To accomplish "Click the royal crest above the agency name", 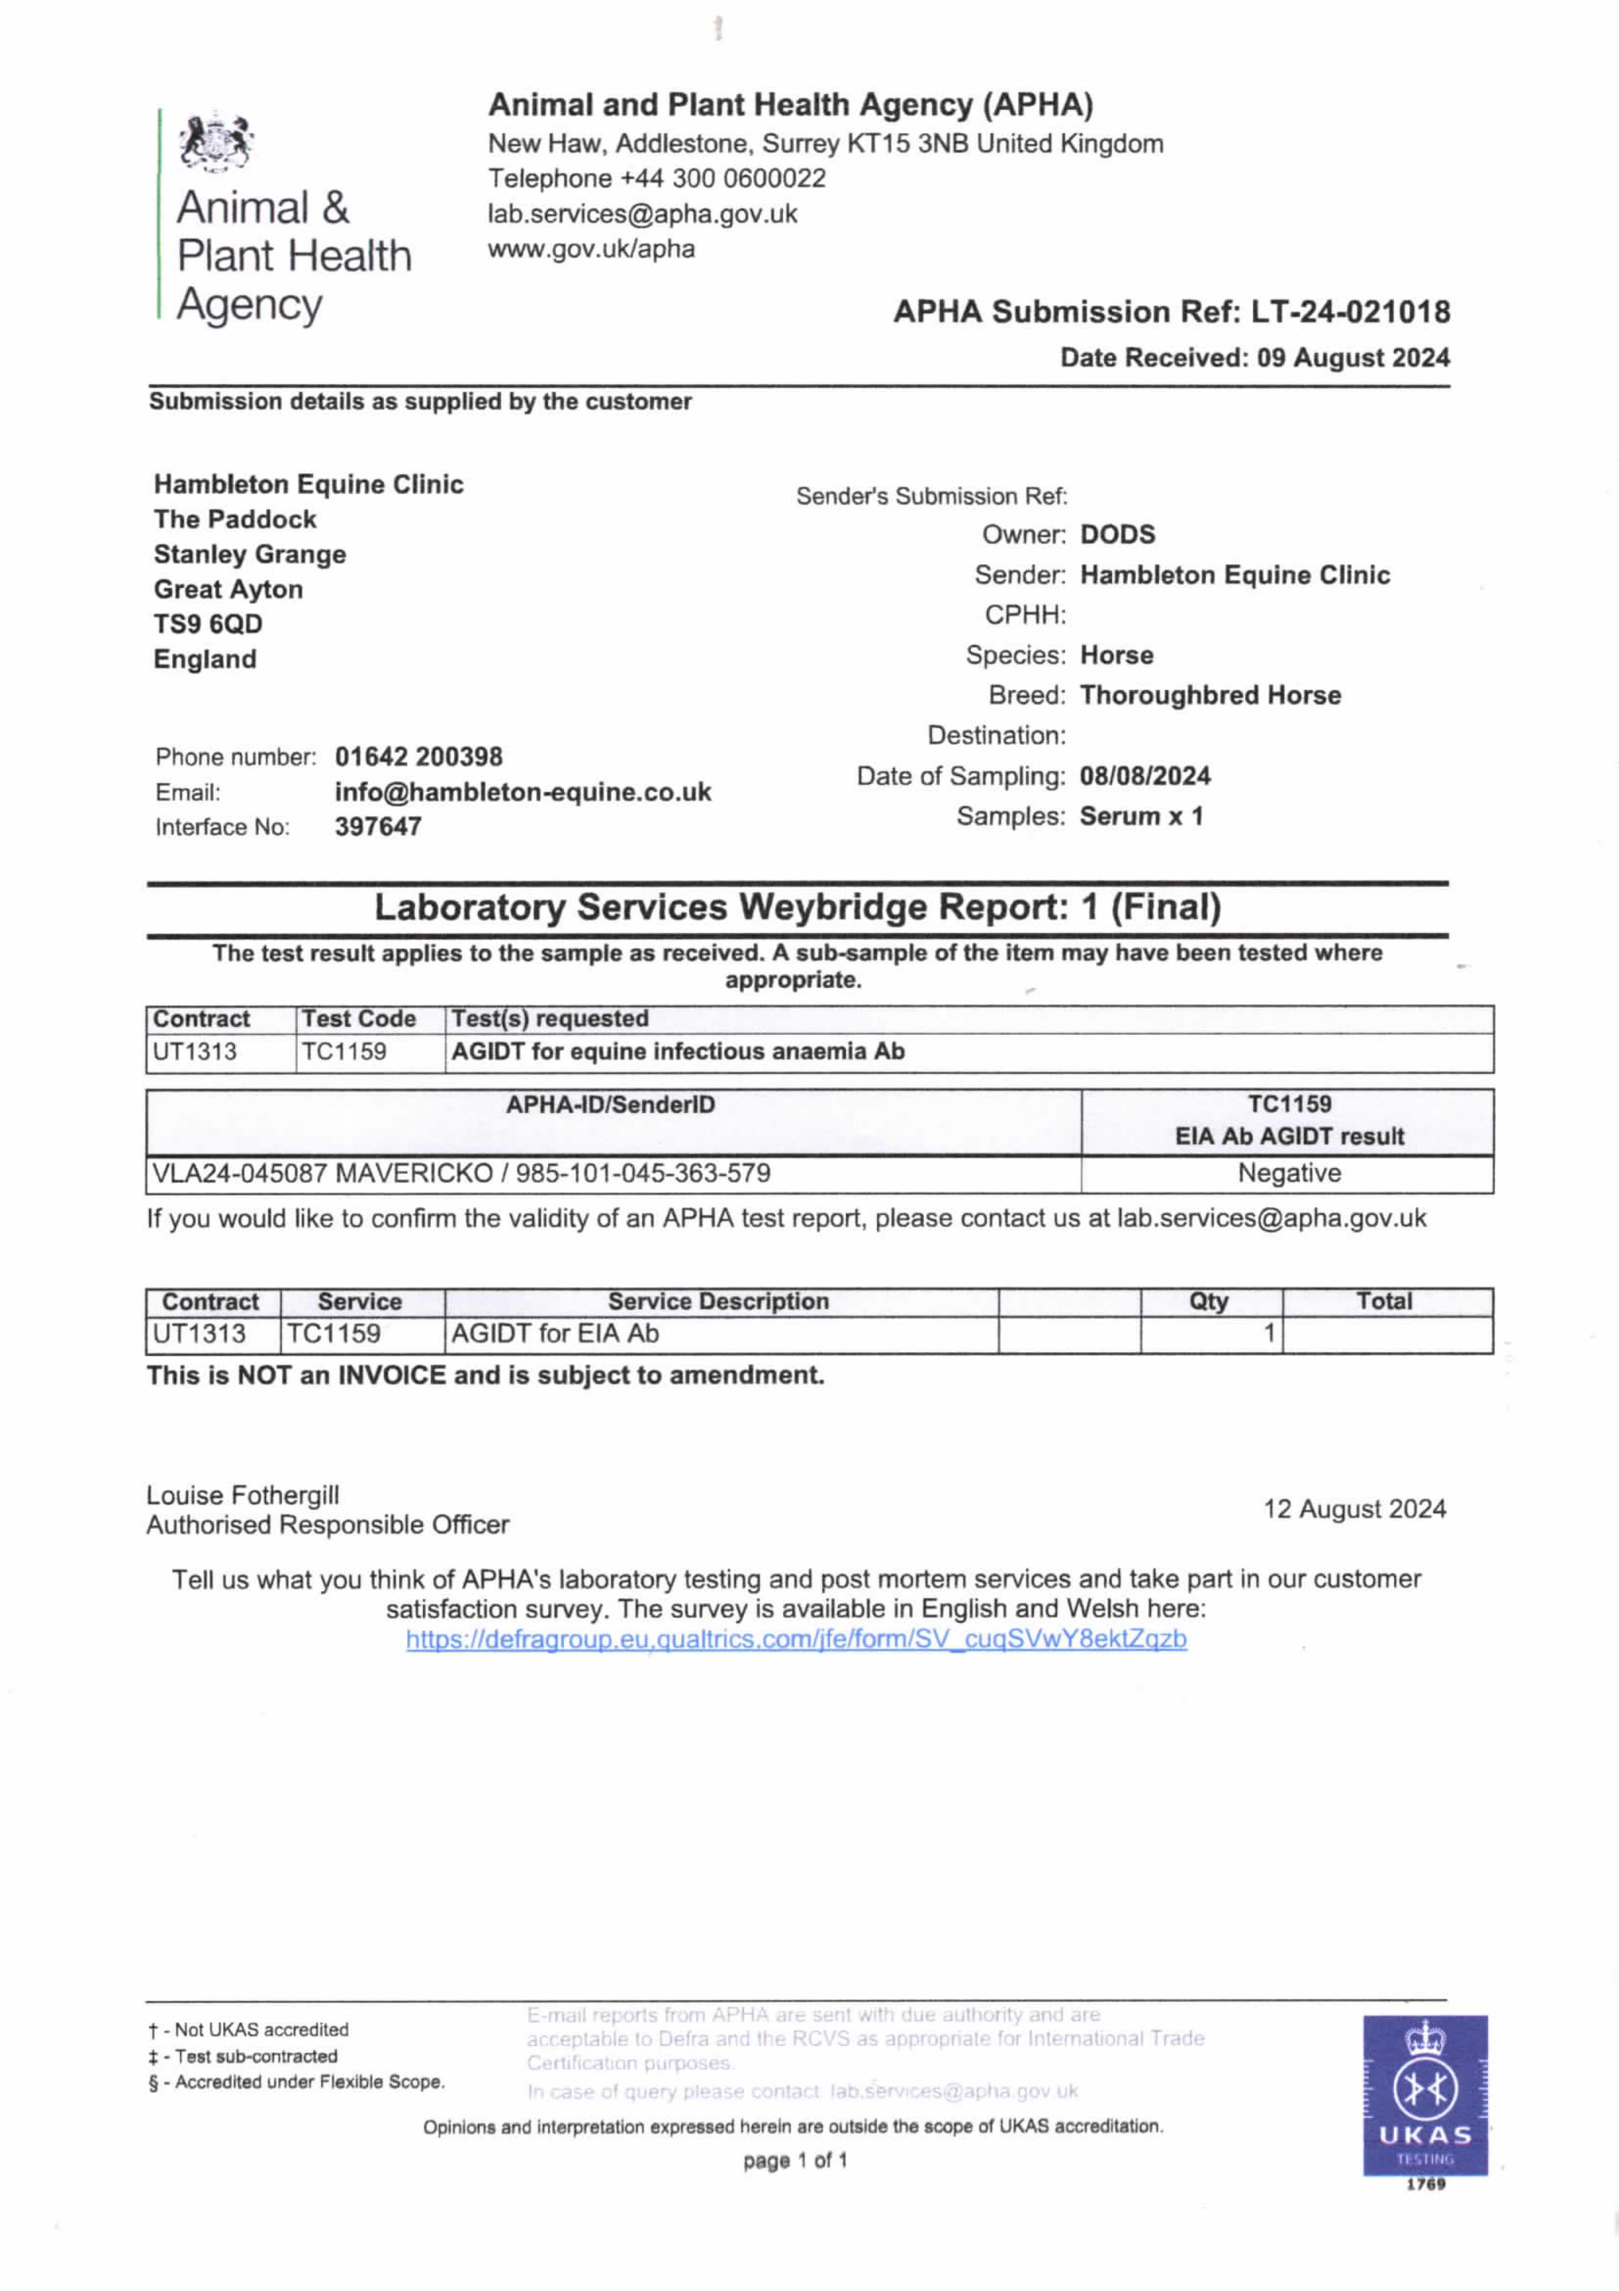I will tap(214, 143).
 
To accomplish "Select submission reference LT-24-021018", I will tap(1350, 312).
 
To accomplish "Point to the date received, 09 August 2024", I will tap(1352, 358).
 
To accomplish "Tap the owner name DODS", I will tap(1117, 535).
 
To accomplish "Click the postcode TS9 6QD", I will tap(208, 625).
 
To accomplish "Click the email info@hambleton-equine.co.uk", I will tap(522, 792).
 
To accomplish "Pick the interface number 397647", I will tap(377, 827).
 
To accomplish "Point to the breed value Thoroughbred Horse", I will tap(1210, 696).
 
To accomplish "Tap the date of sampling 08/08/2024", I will tap(1145, 776).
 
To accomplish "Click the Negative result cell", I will tap(1289, 1173).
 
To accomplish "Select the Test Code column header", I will tap(358, 1019).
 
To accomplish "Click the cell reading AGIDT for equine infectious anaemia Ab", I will tap(678, 1052).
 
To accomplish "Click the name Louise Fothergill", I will tap(242, 1495).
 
